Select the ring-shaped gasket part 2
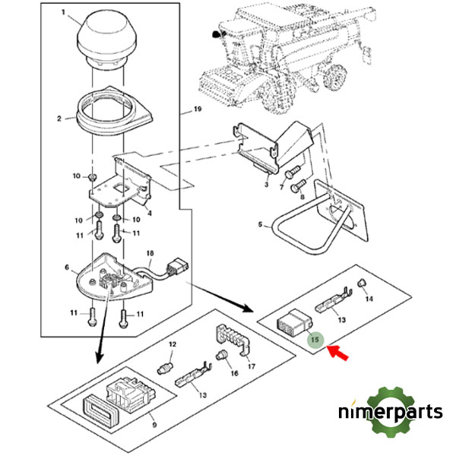[x=109, y=110]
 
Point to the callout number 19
[x=197, y=110]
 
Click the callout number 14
[x=370, y=299]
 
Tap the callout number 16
[x=233, y=372]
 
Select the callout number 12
[x=173, y=344]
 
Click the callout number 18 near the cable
[x=150, y=252]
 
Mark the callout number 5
[x=259, y=225]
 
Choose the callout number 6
[x=67, y=268]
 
